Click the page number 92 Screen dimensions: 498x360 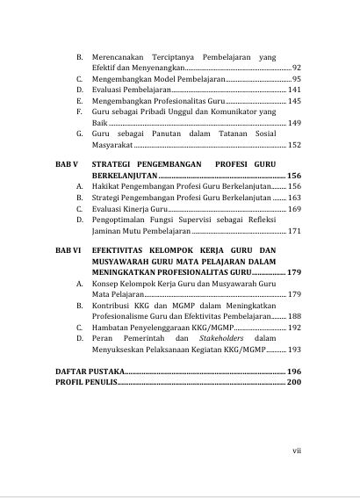296,68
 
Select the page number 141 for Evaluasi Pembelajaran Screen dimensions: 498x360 294,90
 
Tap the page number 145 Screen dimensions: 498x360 294,102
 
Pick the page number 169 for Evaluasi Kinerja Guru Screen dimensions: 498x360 294,209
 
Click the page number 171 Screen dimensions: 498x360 294,231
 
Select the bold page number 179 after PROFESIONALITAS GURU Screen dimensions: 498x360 293,272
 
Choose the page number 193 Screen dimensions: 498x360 294,349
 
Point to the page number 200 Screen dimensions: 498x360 293,384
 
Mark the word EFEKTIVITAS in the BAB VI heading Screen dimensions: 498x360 120,250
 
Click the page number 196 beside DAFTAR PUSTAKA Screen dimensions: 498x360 293,372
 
